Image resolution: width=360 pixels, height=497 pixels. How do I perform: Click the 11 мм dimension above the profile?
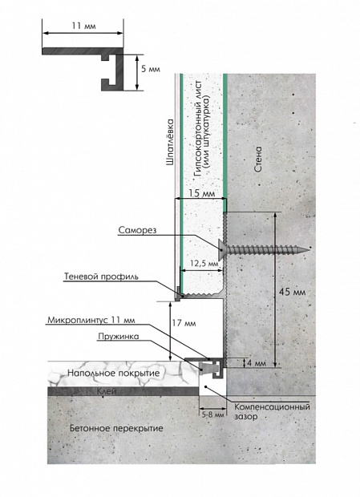click(x=83, y=26)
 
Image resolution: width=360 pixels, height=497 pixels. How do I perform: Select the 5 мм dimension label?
click(x=151, y=69)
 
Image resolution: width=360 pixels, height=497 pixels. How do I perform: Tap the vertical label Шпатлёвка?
click(x=170, y=142)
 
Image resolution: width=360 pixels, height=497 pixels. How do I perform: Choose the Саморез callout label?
click(x=138, y=230)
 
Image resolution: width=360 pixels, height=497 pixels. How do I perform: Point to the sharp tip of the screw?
click(x=309, y=250)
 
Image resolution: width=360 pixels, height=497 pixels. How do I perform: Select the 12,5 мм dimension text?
click(x=204, y=263)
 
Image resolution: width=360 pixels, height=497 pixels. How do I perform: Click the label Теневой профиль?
click(x=101, y=277)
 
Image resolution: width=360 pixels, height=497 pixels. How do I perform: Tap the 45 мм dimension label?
click(x=292, y=292)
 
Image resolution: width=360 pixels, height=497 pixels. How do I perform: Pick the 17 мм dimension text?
click(x=184, y=323)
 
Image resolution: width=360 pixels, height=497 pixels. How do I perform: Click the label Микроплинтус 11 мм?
click(x=91, y=320)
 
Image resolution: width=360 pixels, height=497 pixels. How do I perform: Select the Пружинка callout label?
click(x=118, y=337)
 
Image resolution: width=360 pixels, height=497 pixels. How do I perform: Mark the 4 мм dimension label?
click(x=256, y=363)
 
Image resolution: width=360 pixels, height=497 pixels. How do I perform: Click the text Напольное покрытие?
click(x=113, y=373)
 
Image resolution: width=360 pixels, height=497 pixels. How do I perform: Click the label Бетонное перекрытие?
click(x=116, y=429)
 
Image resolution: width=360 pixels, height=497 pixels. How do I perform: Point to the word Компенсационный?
click(x=272, y=407)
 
